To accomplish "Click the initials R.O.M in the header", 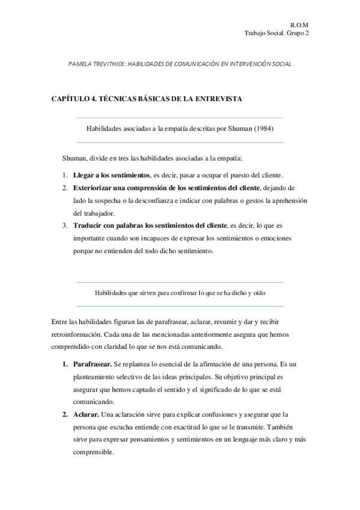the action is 299,25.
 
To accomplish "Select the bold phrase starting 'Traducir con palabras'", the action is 150,226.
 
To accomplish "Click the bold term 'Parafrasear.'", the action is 91,364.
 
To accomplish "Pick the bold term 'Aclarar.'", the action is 86,414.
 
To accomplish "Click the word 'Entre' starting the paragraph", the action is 60,322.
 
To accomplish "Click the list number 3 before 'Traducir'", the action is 64,226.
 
